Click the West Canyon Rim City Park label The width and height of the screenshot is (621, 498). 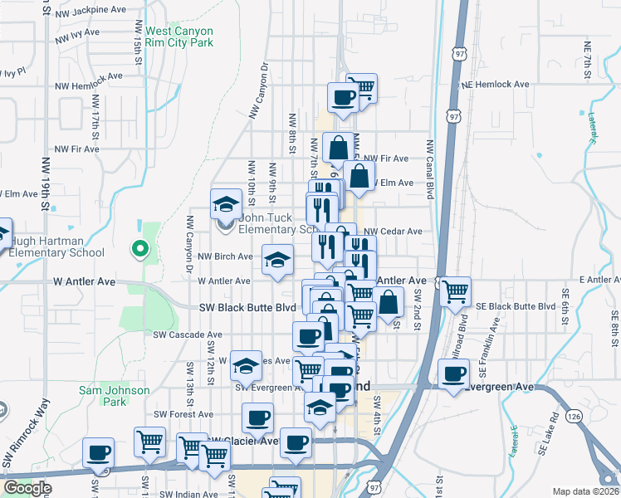point(179,37)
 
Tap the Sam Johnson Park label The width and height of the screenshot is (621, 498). point(115,396)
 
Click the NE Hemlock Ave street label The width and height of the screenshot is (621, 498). point(496,85)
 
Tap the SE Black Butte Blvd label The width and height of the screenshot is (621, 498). point(516,306)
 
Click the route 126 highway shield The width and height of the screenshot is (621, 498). point(574,414)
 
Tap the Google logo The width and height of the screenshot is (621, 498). point(27,488)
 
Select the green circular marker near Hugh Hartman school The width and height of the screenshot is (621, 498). point(140,247)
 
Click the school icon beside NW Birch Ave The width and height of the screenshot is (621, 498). point(278,260)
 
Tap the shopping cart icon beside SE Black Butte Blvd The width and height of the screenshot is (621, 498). point(455,291)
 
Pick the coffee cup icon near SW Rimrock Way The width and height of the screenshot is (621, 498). point(99,452)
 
